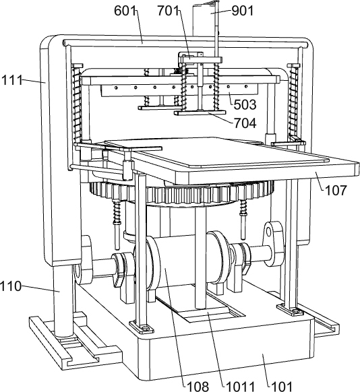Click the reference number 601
[125, 11]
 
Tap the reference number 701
[168, 11]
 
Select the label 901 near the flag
[243, 11]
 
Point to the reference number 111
[11, 80]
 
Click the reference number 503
[245, 104]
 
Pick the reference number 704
[245, 123]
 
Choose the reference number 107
[336, 190]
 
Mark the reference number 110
[11, 286]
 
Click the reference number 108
[198, 386]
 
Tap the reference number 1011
[240, 386]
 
